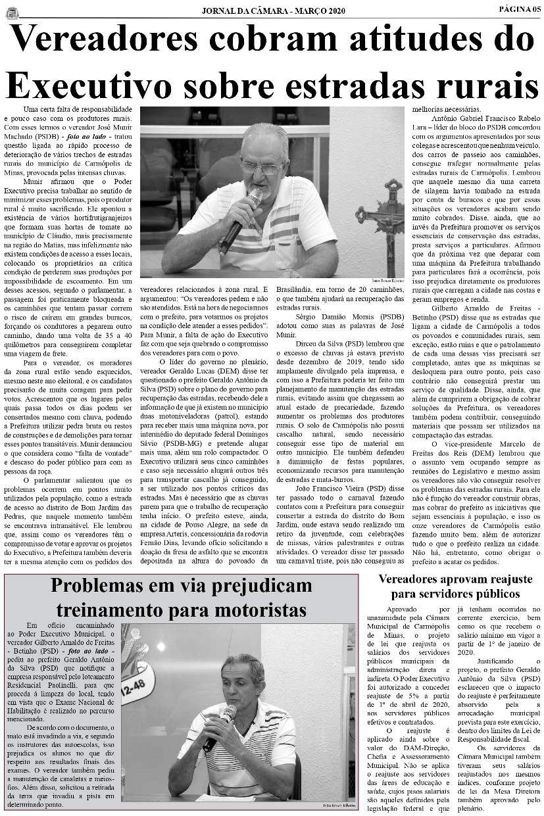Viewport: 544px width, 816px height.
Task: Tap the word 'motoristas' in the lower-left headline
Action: pyautogui.click(x=255, y=610)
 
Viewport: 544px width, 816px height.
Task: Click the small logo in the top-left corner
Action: pyautogui.click(x=12, y=10)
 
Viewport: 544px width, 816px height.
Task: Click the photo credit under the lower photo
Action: pyautogui.click(x=339, y=805)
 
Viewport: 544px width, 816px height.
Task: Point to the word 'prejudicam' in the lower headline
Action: pyautogui.click(x=254, y=585)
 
